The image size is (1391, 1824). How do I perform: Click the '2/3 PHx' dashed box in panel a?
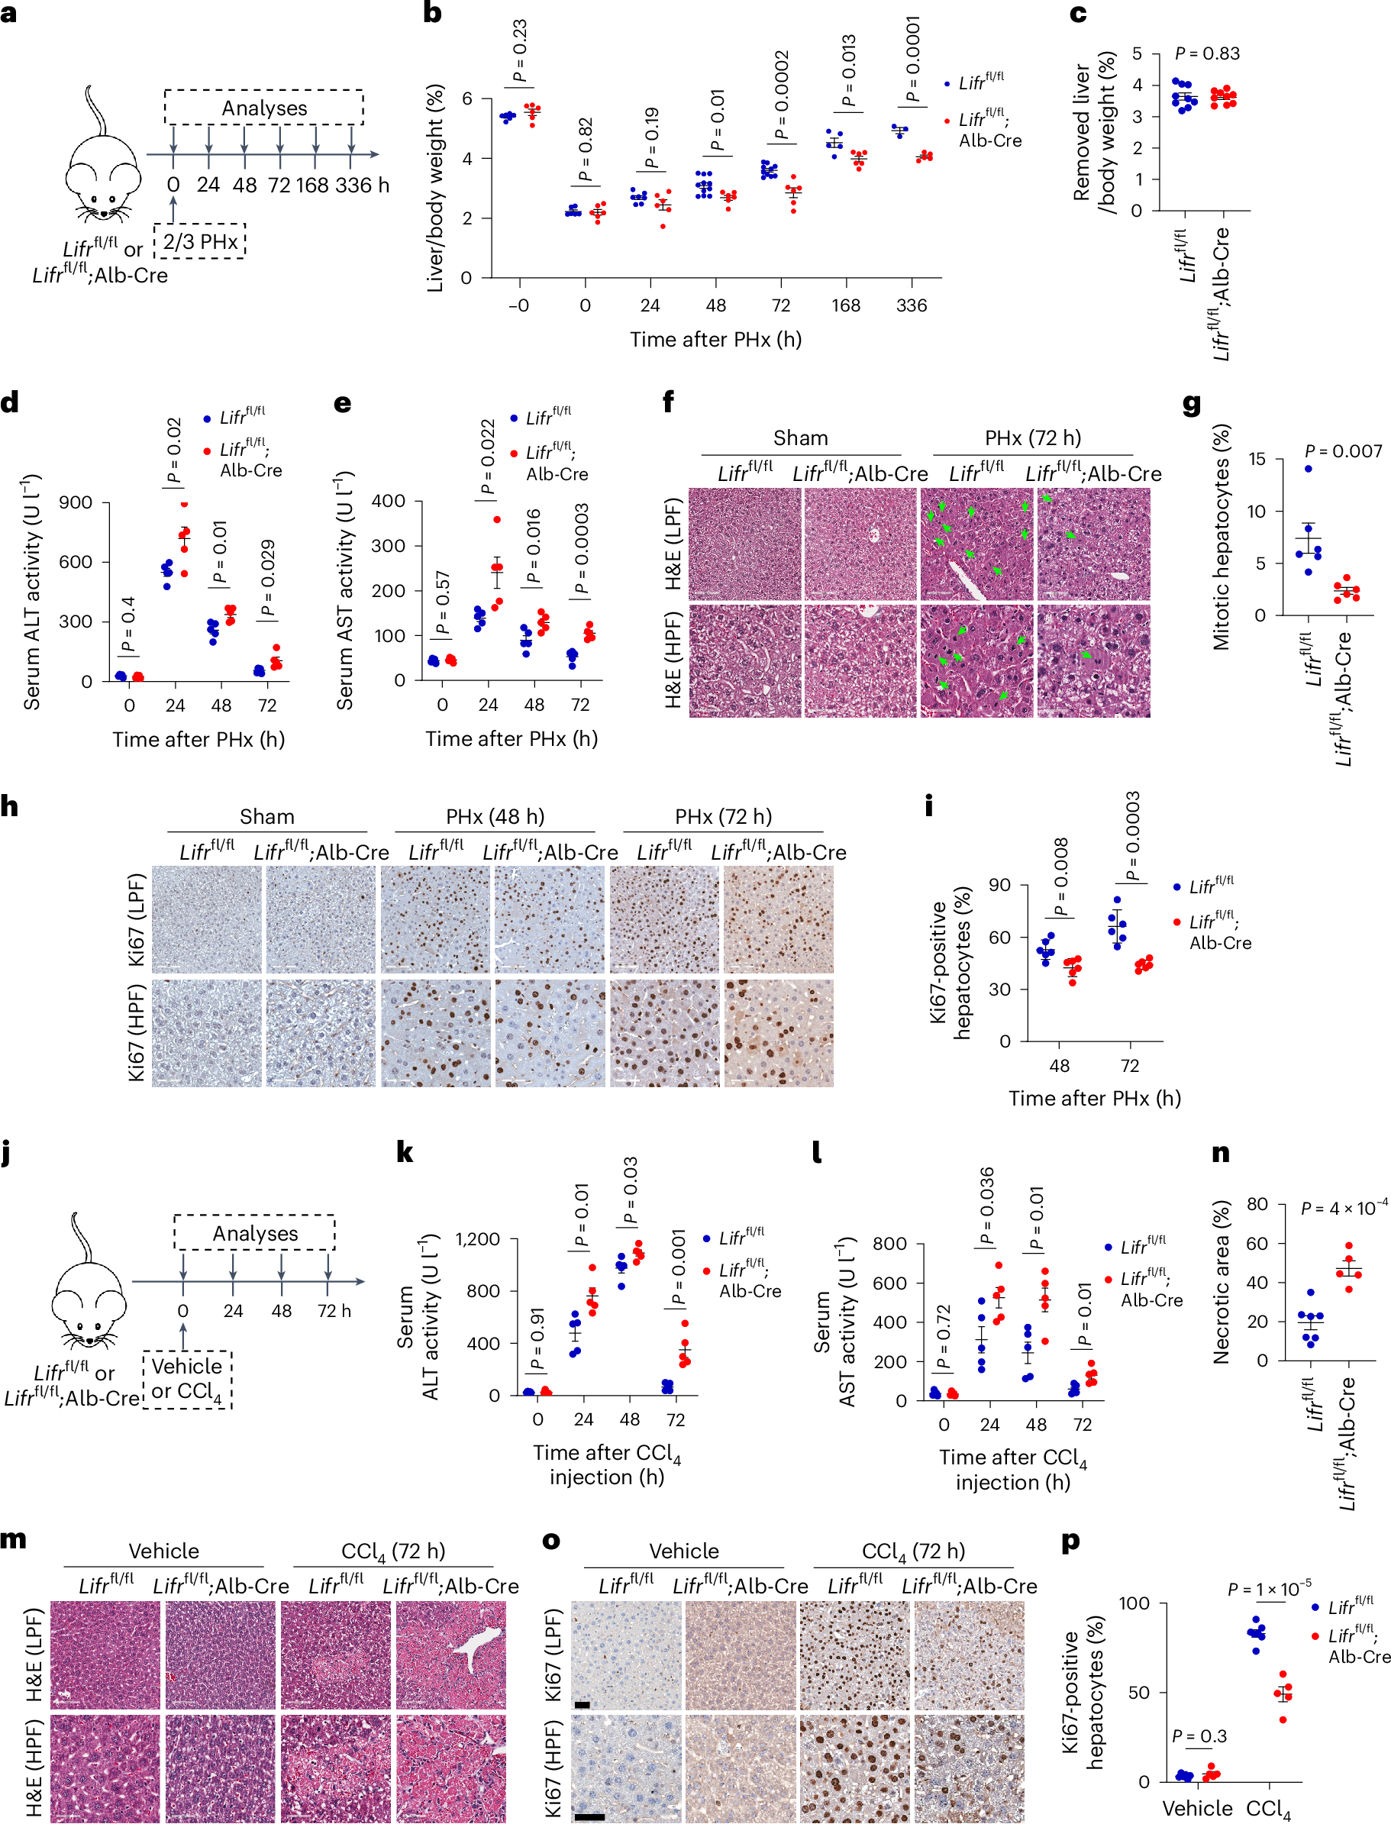199,242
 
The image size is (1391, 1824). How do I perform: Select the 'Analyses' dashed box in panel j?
254,1232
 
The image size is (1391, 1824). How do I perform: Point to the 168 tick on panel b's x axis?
845,305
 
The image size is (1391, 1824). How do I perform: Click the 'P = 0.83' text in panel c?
1206,53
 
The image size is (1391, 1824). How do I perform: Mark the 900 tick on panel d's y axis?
76,502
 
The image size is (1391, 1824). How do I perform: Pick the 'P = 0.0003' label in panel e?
581,548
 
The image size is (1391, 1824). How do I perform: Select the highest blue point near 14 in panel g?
1309,470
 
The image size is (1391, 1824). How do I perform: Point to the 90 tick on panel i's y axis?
999,885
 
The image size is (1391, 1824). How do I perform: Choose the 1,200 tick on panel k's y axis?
478,1239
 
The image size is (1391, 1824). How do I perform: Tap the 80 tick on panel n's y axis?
1256,1204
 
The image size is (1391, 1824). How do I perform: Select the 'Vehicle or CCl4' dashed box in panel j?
187,1379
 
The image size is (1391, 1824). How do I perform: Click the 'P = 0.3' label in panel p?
1199,1736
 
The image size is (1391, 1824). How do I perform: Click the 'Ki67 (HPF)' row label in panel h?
137,1032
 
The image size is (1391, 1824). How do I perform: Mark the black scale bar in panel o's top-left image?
581,1705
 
